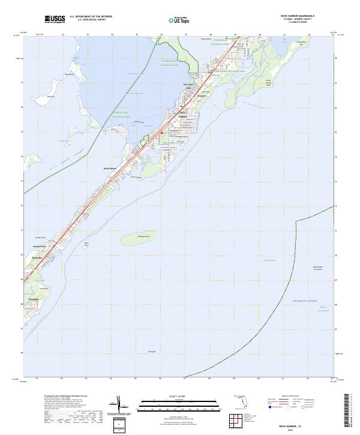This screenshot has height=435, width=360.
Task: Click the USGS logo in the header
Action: click(55, 19)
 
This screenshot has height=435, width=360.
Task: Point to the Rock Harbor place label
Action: click(110, 169)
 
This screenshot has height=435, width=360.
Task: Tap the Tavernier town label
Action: click(33, 298)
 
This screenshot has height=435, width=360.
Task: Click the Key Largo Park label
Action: click(188, 86)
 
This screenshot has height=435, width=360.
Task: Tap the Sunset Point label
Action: click(40, 238)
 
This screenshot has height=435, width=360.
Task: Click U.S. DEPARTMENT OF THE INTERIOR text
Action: click(91, 17)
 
